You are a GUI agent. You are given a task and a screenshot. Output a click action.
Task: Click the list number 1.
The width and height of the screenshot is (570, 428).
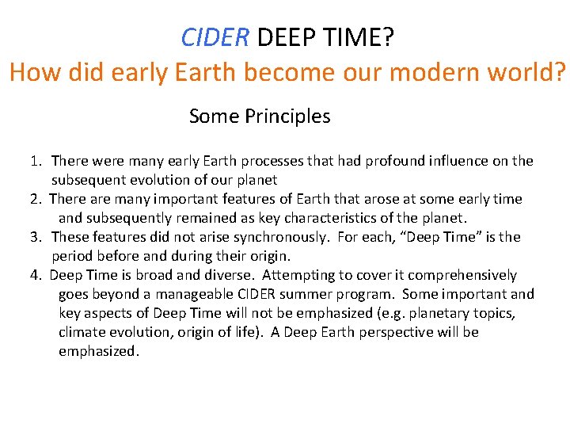tap(36, 161)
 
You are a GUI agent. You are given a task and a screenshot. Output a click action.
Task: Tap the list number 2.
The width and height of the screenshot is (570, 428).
tap(36, 199)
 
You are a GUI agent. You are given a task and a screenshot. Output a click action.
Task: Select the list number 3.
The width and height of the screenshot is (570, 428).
tap(36, 237)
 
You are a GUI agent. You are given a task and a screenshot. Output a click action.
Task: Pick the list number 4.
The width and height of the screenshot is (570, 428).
tap(36, 275)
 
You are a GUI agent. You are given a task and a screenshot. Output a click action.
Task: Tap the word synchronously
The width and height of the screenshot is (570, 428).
tap(273, 237)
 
